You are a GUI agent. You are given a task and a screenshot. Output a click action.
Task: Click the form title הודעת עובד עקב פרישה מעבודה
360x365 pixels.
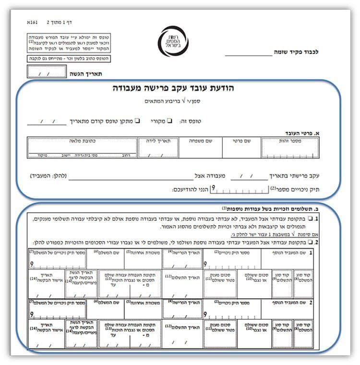[x=179, y=89]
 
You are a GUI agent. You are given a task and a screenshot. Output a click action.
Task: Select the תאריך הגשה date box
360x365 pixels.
[x=47, y=73]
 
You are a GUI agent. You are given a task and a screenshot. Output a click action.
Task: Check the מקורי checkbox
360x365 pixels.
[x=169, y=121]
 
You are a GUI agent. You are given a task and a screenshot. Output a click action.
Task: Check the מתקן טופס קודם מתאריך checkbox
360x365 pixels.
[x=137, y=121]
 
